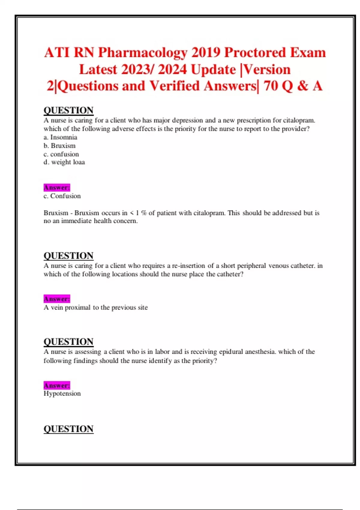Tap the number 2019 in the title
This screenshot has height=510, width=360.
(205, 53)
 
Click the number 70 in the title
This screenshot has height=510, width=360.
(271, 86)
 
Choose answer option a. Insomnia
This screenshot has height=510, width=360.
(60, 137)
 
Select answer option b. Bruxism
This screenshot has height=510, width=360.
(59, 146)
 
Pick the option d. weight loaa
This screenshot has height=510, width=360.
(64, 162)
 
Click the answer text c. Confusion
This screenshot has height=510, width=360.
(62, 196)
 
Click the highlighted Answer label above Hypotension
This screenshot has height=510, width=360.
(57, 385)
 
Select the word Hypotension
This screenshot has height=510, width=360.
(62, 394)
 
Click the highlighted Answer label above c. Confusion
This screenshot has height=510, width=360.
(57, 187)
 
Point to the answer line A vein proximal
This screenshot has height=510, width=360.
(95, 307)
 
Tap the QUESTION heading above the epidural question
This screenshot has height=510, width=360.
(68, 342)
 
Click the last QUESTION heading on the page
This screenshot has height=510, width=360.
(68, 429)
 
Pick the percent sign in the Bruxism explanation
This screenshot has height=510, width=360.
(144, 213)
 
